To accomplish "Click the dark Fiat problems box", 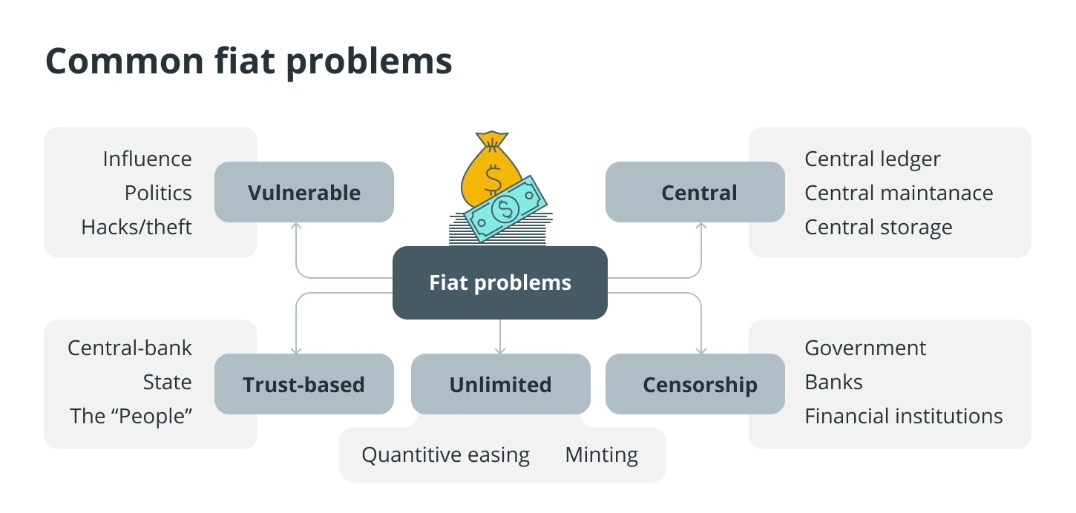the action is click(x=499, y=282).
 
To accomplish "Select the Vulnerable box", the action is click(x=304, y=192).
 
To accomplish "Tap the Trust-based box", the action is click(x=304, y=384).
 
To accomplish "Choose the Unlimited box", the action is click(x=501, y=384).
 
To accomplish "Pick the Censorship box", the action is click(x=695, y=384).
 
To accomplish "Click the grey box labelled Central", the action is click(x=695, y=192).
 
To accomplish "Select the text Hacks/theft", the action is click(x=137, y=227).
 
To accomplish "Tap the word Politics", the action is click(x=158, y=193).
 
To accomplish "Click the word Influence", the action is click(x=147, y=159).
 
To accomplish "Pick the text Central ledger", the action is click(x=873, y=159).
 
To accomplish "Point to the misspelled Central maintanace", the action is click(x=899, y=193).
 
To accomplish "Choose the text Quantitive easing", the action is click(x=446, y=455).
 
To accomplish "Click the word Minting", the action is click(x=601, y=455).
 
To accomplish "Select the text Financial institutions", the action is click(x=904, y=416).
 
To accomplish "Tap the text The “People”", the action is click(x=131, y=416).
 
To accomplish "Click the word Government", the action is click(x=865, y=348).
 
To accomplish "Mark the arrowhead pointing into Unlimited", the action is click(x=500, y=351).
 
